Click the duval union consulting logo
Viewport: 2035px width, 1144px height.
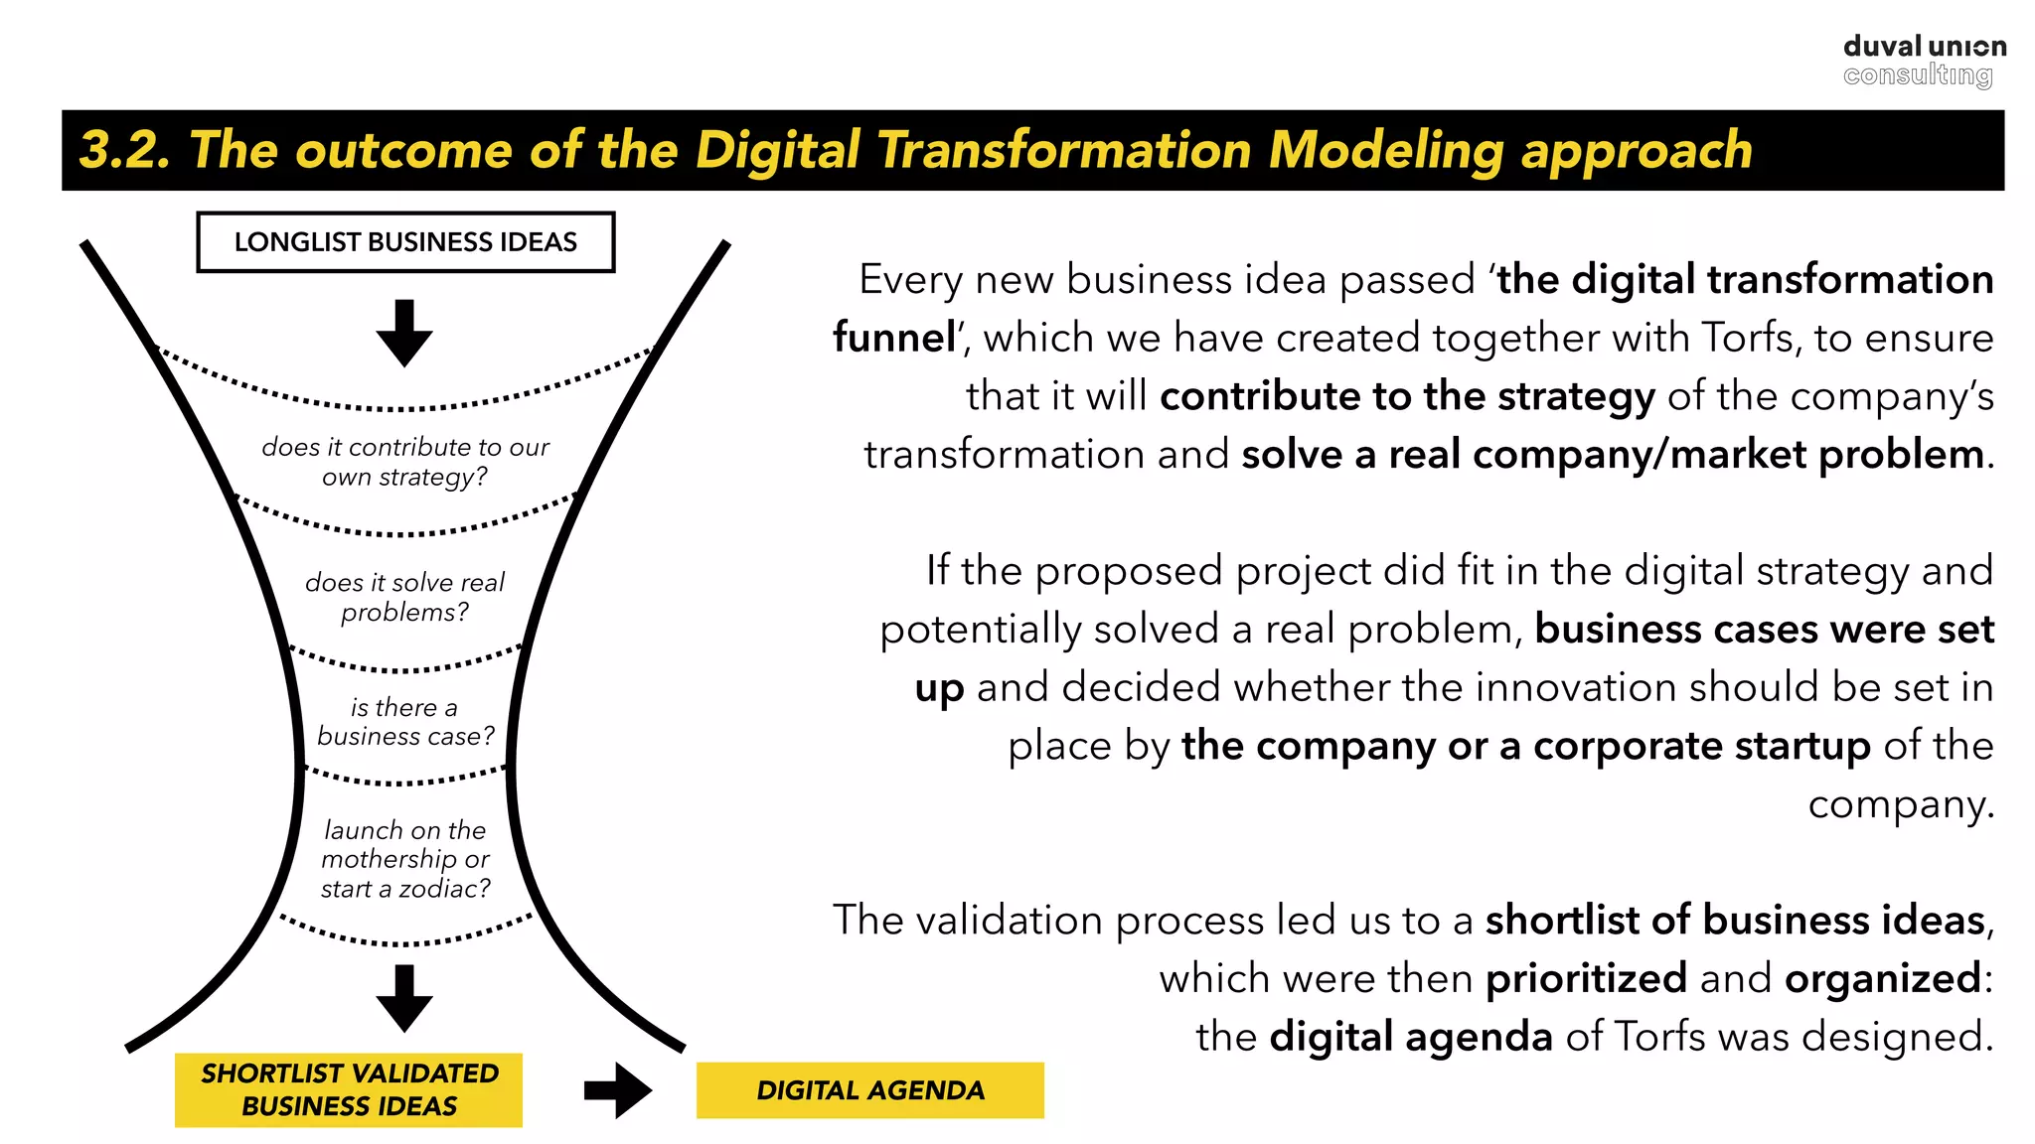1923,61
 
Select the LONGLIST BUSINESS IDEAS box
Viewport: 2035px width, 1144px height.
405,242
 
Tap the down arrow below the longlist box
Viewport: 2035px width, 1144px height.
404,333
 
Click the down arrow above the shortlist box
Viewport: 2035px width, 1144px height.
404,998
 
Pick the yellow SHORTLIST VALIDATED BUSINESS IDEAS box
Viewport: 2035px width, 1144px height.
349,1089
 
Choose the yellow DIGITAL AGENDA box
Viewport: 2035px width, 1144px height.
869,1090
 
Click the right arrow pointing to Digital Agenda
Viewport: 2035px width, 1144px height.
617,1090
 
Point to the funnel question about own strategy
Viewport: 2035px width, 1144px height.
405,462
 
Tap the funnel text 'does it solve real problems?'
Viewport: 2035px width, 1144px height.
404,597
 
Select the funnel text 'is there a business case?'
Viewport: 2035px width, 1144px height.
405,722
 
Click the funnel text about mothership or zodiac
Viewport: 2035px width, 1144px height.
405,859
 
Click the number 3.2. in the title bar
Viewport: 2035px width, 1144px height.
124,150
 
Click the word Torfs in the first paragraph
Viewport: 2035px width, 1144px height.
1750,338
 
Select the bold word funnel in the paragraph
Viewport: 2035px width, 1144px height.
894,338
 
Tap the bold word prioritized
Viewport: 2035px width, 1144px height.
1586,979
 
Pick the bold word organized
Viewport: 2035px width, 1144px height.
1883,979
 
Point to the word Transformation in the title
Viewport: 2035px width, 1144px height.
1064,150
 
